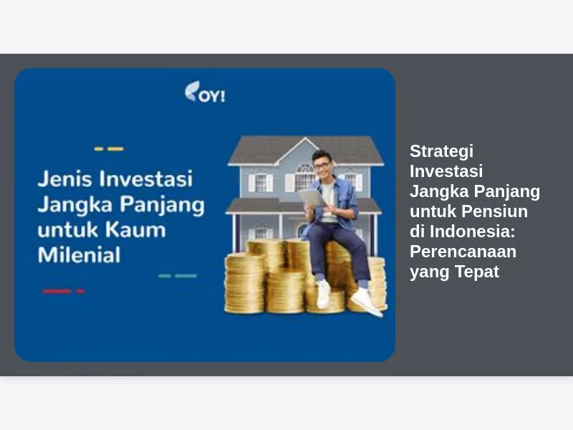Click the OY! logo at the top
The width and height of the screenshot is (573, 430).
tap(205, 92)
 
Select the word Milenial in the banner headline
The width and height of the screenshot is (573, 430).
tap(79, 255)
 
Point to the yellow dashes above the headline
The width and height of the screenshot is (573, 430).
tap(109, 149)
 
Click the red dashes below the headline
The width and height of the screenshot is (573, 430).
tap(64, 292)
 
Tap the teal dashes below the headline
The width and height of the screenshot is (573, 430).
tap(178, 276)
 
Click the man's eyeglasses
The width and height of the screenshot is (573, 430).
tap(322, 166)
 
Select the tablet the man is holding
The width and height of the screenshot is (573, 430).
tap(312, 198)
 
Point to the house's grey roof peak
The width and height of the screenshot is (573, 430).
tap(306, 139)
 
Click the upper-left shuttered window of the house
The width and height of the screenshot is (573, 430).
tap(261, 182)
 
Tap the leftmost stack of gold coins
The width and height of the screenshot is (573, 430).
tap(244, 284)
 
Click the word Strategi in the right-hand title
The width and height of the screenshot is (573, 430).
tap(441, 151)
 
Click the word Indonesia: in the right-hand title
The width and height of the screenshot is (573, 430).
tap(472, 231)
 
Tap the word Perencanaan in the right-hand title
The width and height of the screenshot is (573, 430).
tap(463, 252)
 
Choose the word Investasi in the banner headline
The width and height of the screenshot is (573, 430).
tap(146, 178)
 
